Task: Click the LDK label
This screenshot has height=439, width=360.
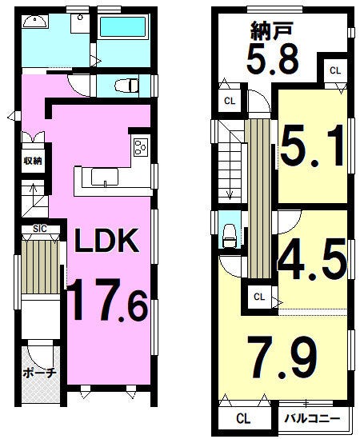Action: pyautogui.click(x=106, y=241)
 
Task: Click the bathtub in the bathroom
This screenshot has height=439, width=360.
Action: pyautogui.click(x=122, y=27)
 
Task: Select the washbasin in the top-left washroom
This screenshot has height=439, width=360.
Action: pyautogui.click(x=35, y=22)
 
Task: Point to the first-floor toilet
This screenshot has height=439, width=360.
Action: pyautogui.click(x=126, y=86)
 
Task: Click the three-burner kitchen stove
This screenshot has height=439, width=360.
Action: pyautogui.click(x=141, y=147)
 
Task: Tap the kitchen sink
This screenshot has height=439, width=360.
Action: pyautogui.click(x=105, y=178)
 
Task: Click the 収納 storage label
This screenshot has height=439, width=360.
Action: pyautogui.click(x=33, y=161)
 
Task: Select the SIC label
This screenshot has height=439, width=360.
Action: pyautogui.click(x=40, y=229)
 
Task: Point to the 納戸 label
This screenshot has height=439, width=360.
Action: pyautogui.click(x=272, y=31)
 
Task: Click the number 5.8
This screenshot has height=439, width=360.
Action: pyautogui.click(x=272, y=60)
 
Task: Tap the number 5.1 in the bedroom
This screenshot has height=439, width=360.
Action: pyautogui.click(x=312, y=146)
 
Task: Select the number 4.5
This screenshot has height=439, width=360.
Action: pyautogui.click(x=312, y=259)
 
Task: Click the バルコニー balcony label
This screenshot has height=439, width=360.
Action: pyautogui.click(x=312, y=419)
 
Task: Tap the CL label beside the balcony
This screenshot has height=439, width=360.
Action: pyautogui.click(x=243, y=419)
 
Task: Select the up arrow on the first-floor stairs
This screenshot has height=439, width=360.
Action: pyautogui.click(x=34, y=190)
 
